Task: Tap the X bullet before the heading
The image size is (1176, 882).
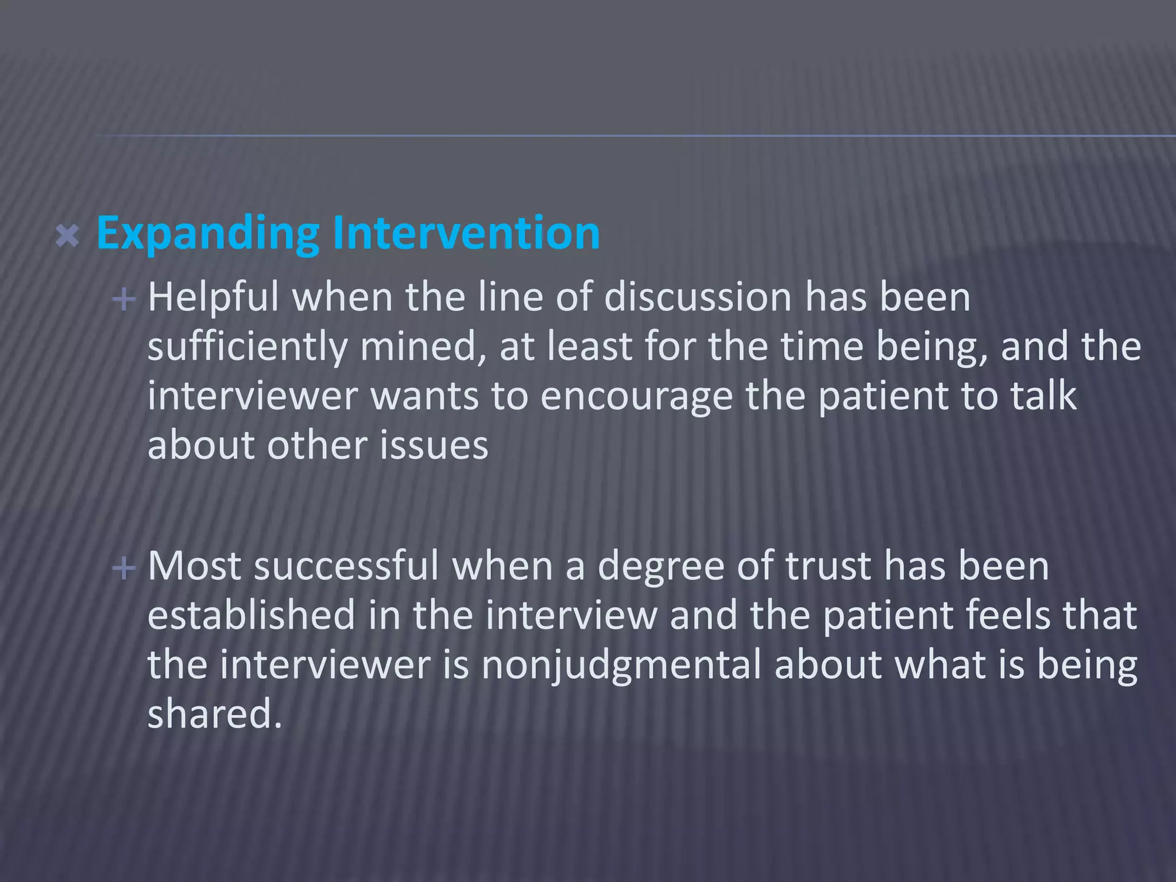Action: pyautogui.click(x=68, y=236)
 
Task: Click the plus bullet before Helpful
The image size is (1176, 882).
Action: pyautogui.click(x=124, y=299)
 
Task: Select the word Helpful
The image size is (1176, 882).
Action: pyautogui.click(x=213, y=297)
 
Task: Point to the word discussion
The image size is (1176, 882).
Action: pyautogui.click(x=698, y=297)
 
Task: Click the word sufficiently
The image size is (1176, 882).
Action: pyautogui.click(x=247, y=347)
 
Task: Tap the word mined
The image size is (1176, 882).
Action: pyautogui.click(x=423, y=347)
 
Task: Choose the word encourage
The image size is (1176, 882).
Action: pyautogui.click(x=636, y=397)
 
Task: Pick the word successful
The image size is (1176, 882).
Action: pyautogui.click(x=346, y=566)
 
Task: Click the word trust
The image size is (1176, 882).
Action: pyautogui.click(x=827, y=566)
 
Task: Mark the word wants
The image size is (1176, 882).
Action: pyautogui.click(x=424, y=397)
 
